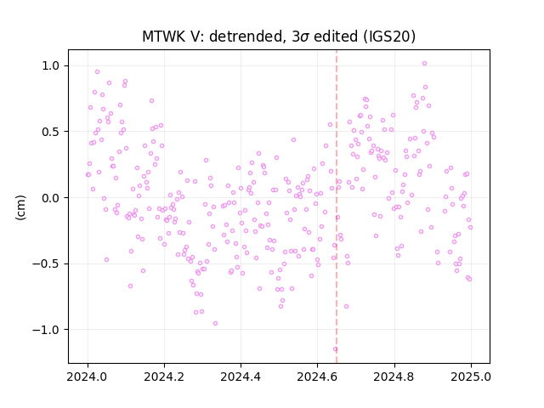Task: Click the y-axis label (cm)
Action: pos(20,207)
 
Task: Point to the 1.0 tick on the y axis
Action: pos(52,66)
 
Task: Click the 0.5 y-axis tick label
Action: pos(52,132)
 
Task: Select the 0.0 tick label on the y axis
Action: pos(52,198)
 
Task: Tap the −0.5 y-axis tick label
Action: pos(47,264)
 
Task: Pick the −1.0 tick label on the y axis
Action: pos(47,330)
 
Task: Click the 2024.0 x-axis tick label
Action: pos(88,377)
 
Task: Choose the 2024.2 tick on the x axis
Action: pos(164,377)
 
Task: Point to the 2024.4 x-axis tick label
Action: pos(241,377)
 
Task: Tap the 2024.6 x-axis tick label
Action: pos(317,377)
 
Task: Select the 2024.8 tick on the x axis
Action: pos(394,377)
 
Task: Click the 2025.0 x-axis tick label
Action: pos(471,377)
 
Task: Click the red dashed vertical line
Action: pos(337,207)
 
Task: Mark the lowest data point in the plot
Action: pos(335,349)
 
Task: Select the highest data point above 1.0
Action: pos(424,64)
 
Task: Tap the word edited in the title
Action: pos(336,37)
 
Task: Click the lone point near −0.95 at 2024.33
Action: pos(215,323)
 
